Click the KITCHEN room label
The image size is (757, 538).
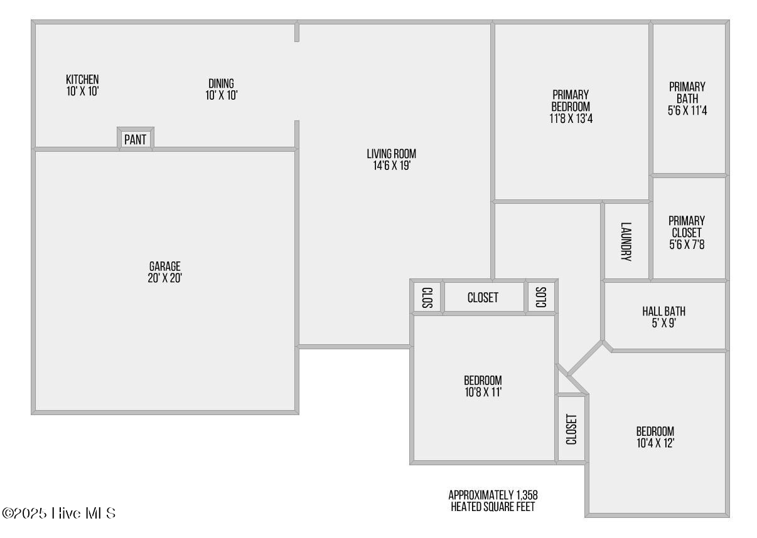[x=82, y=80]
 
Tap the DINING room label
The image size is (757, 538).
[x=222, y=83]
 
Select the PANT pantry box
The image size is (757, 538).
[x=136, y=139]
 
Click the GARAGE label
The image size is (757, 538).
[x=165, y=266]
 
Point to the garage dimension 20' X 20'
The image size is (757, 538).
[x=165, y=278]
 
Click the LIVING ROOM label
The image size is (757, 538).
[x=392, y=154]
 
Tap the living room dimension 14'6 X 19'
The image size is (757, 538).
[x=392, y=166]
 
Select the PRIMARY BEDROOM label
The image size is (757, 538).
[x=571, y=100]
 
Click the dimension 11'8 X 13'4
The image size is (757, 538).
[x=571, y=119]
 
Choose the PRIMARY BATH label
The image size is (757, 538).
[x=687, y=93]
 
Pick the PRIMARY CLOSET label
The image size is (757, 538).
[x=687, y=227]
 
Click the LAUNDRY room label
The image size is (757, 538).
[x=626, y=241]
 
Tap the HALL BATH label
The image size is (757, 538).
[x=664, y=311]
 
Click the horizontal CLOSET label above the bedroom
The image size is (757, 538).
[x=483, y=298]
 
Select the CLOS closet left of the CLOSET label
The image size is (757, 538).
[x=427, y=298]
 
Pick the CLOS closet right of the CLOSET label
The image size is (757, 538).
[x=541, y=297]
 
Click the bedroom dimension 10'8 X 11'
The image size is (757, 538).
[x=483, y=392]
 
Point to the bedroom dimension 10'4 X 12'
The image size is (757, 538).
[x=655, y=443]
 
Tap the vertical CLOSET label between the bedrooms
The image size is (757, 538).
[x=571, y=430]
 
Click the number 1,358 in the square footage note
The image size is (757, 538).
[x=527, y=495]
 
